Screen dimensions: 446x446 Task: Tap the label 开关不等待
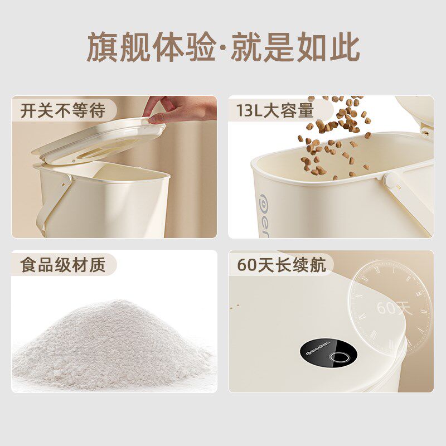(63, 110)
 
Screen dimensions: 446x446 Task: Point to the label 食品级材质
(63, 264)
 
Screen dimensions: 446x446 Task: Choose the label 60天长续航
(282, 264)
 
